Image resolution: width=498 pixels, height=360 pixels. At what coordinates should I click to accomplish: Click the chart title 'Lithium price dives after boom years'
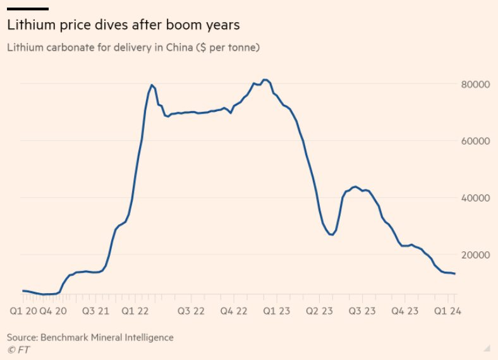123,25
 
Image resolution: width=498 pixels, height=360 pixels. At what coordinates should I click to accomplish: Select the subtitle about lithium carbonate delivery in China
133,47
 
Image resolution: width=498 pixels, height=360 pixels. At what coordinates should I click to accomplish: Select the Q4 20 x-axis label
52,311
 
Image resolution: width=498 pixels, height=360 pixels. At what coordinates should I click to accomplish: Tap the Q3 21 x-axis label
96,311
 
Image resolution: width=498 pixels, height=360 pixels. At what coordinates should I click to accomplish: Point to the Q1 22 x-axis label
136,311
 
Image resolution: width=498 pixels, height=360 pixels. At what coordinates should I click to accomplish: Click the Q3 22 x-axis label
190,311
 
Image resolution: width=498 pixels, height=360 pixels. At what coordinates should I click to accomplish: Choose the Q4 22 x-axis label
233,311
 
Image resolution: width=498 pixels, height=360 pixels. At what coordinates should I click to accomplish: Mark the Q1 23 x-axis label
277,311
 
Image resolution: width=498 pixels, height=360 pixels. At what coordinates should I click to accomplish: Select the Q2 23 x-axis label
319,311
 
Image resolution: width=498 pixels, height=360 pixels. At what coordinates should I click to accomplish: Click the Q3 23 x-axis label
362,311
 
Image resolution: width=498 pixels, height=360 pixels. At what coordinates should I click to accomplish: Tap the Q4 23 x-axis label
404,311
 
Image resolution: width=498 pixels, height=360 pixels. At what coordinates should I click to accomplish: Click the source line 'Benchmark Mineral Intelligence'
90,337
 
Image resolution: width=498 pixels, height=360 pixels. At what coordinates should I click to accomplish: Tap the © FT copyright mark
18,349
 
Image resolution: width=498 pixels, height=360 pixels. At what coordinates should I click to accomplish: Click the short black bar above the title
28,9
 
